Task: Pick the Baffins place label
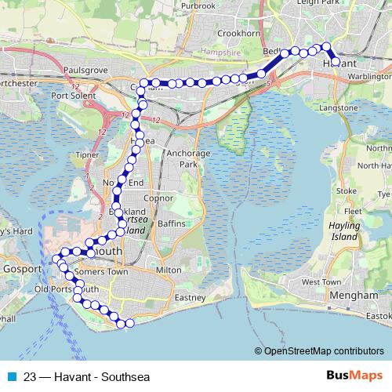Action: click(171, 223)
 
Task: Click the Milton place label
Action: click(169, 270)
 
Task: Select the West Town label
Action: click(321, 281)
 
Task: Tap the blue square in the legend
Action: click(12, 375)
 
